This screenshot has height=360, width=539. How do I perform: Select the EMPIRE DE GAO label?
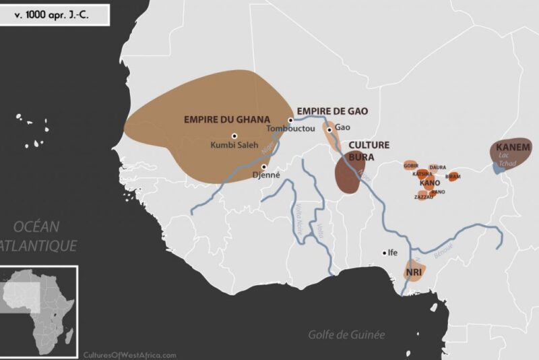point(332,111)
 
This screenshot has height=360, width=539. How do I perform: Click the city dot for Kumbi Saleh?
point(234,135)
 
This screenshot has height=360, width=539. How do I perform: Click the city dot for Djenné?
point(264,167)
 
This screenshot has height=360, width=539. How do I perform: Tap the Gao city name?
point(343,128)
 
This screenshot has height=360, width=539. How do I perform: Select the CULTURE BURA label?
point(368,150)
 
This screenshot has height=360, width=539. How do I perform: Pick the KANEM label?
point(513,147)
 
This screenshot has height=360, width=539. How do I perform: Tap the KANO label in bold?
point(430,183)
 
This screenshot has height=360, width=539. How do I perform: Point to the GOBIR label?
point(411,165)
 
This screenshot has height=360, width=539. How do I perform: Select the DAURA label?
point(437,167)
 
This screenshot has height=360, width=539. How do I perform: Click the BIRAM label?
point(453,176)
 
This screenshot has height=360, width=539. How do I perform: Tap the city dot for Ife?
point(385,253)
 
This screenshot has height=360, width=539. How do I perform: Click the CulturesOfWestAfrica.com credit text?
point(130,354)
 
